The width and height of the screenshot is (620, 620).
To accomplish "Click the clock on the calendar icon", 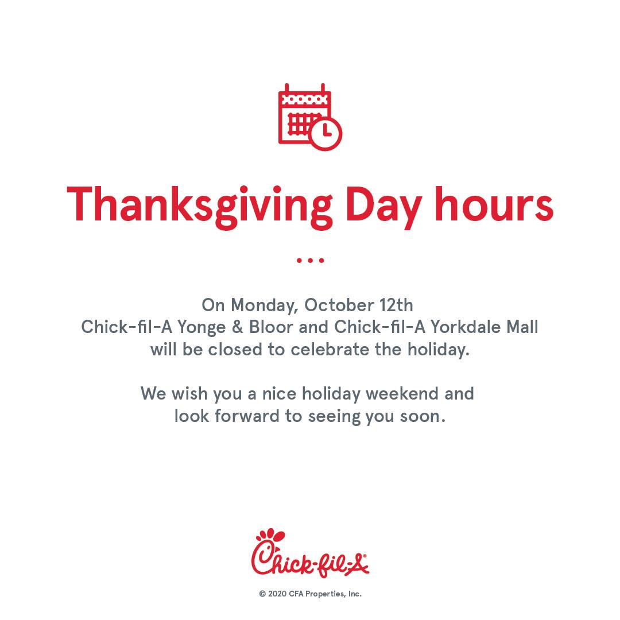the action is click(x=325, y=134).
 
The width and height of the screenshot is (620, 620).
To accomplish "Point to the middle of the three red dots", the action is click(x=311, y=260).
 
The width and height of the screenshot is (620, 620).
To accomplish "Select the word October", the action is click(x=339, y=305).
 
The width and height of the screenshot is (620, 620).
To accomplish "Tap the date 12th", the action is click(x=396, y=305).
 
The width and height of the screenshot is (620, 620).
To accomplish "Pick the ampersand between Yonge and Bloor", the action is click(x=237, y=327).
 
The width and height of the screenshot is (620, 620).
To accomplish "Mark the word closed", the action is click(x=235, y=350).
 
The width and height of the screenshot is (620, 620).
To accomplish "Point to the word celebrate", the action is click(x=330, y=350).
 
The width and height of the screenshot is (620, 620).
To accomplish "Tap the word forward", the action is click(x=247, y=416).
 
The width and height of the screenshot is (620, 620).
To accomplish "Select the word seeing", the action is click(x=334, y=417).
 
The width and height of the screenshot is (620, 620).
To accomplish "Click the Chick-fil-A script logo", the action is click(x=310, y=553).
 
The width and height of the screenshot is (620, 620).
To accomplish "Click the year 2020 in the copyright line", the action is click(x=277, y=594).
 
